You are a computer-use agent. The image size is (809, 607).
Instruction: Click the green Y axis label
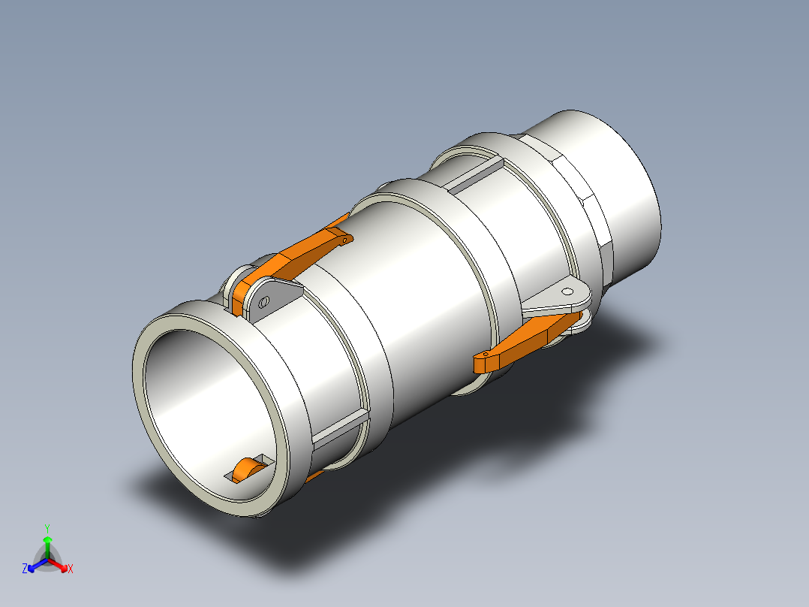pos(47,528)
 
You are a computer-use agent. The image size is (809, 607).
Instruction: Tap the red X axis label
pos(71,569)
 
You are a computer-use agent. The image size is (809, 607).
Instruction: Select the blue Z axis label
pos(25,569)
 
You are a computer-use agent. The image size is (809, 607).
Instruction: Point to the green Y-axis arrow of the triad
pos(47,542)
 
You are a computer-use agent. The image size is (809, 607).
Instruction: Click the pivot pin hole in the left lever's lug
pos(263,300)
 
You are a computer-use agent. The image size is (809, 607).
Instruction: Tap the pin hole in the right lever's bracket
pos(567,291)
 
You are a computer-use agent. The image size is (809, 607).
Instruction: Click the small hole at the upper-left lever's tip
pos(344,240)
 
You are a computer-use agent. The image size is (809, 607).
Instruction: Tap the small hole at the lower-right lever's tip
pos(486,354)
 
